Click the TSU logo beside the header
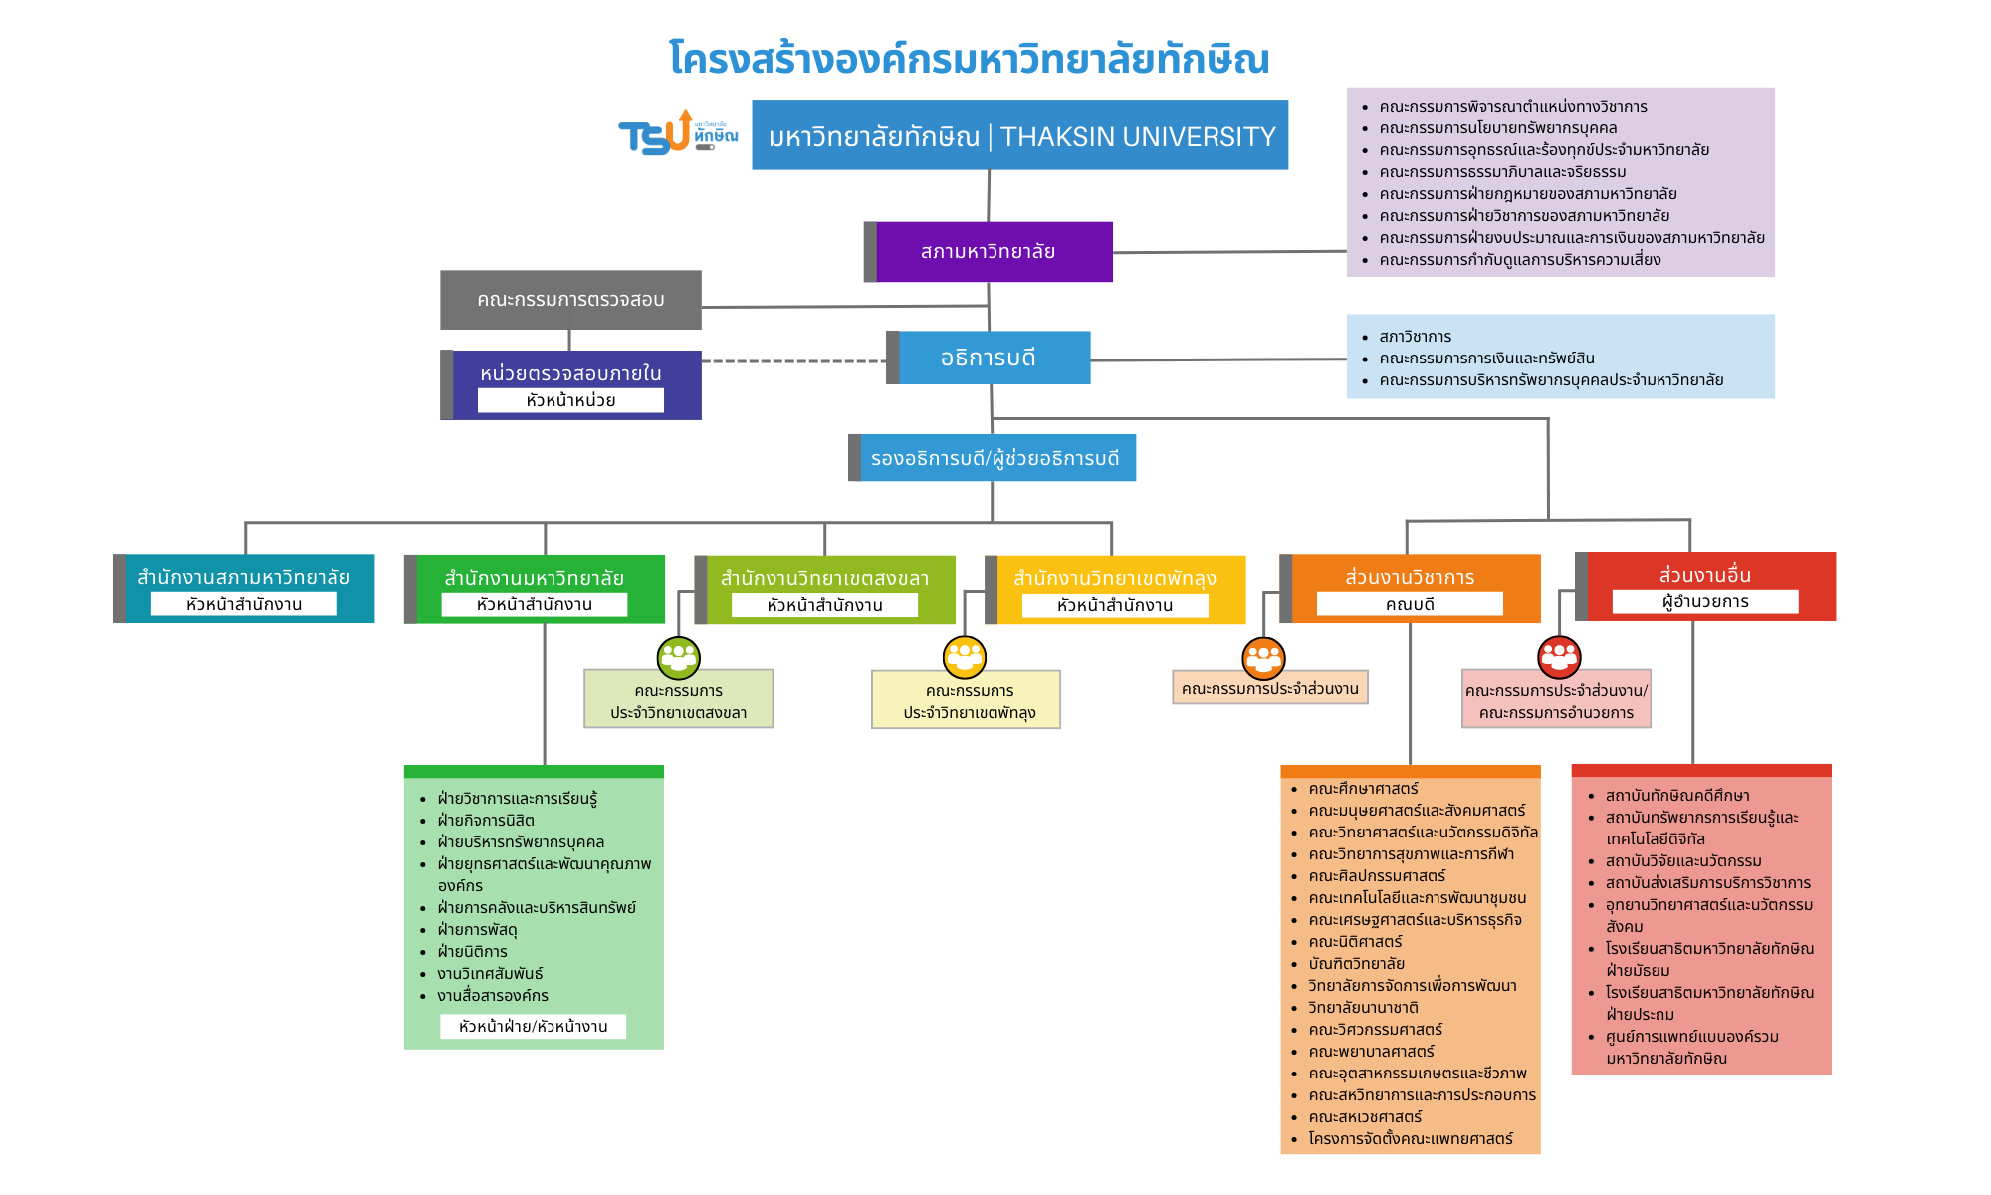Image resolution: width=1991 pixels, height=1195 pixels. tap(677, 134)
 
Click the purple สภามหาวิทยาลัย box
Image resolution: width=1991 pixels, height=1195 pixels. tap(989, 252)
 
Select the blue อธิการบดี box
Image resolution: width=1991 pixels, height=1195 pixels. tap(989, 358)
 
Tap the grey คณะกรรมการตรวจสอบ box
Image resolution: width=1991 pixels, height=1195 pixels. tap(570, 299)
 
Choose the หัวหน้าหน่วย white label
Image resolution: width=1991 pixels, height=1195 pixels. tap(570, 400)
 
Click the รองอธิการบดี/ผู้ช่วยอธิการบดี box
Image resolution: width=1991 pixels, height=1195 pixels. tap(994, 458)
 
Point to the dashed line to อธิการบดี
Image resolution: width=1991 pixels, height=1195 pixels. tap(793, 361)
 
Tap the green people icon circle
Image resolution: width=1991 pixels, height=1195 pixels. tap(679, 657)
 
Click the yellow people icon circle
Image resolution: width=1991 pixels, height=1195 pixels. tap(965, 656)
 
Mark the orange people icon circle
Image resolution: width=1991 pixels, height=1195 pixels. tap(1264, 658)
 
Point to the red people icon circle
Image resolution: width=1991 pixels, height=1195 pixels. tap(1559, 656)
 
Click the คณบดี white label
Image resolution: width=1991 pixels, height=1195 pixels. tap(1410, 604)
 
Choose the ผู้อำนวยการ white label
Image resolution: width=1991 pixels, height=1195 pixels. tap(1705, 601)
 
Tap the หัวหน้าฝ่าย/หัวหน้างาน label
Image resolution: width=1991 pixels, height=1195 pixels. tap(534, 1027)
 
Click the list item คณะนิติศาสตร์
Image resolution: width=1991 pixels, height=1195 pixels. tap(1355, 942)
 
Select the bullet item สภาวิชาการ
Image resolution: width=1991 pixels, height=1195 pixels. tap(1415, 337)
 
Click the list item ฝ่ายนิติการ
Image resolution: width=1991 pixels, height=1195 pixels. tap(473, 952)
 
